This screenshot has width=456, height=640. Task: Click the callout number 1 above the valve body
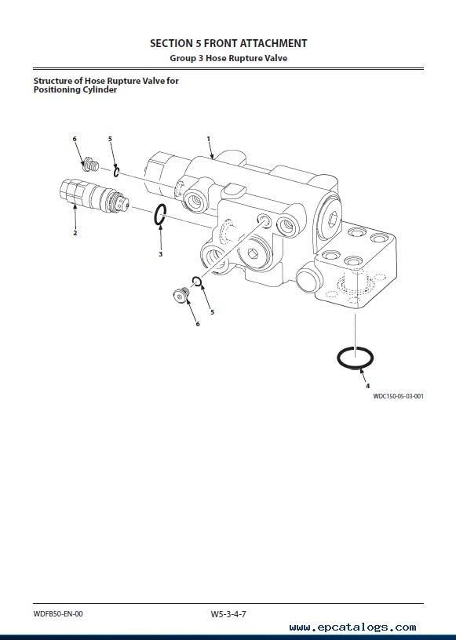209,139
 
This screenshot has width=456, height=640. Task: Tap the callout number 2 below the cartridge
75,233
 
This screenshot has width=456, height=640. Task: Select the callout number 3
161,254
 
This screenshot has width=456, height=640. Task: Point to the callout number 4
368,386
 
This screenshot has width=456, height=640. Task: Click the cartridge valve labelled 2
94,196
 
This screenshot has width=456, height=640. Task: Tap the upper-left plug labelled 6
90,165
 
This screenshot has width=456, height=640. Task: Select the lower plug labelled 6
181,295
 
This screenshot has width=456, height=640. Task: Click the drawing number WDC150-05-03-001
398,396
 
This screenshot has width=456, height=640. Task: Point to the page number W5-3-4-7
228,613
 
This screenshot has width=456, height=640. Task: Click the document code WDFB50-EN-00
58,613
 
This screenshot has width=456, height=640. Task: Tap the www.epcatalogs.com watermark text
352,627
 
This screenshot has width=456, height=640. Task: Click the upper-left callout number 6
75,139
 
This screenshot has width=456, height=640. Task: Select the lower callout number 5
212,312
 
